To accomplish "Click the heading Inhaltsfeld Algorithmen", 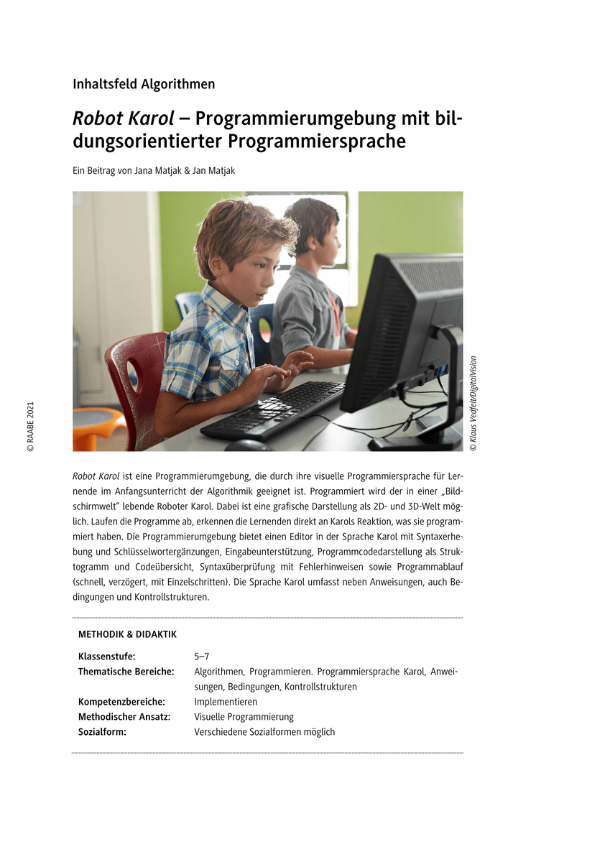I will (x=144, y=84).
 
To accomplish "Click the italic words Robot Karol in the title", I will (x=123, y=118).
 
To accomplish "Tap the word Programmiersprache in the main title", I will (x=317, y=142).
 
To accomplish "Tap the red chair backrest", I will (x=133, y=374).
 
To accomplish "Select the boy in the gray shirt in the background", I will (x=309, y=287).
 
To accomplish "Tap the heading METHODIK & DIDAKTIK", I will (x=127, y=634).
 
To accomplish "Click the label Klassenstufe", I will (x=106, y=656).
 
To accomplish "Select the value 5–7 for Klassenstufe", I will (x=202, y=656).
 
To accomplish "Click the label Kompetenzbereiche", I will (x=121, y=702).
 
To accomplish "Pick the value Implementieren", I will (x=226, y=702).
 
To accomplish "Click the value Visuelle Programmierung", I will (x=244, y=717).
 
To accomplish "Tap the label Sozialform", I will (x=102, y=732).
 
